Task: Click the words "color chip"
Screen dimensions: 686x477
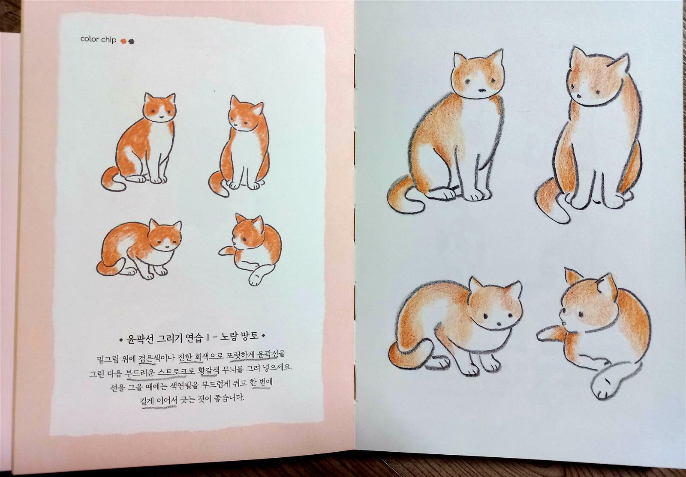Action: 98,40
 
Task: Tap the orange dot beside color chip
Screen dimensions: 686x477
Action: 123,41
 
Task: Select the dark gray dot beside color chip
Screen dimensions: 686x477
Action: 131,41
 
